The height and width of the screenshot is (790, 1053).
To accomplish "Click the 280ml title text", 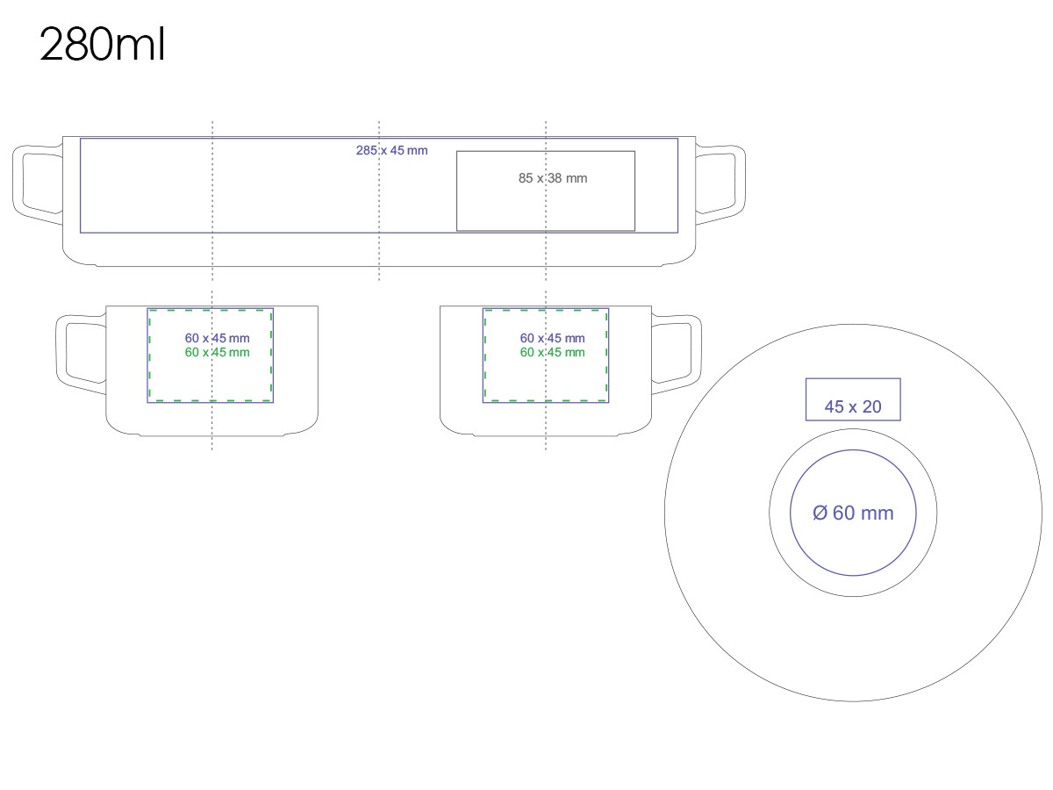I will [102, 46].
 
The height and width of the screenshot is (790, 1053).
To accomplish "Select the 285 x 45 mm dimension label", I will [391, 150].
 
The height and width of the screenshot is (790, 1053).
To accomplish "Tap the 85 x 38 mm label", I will [553, 178].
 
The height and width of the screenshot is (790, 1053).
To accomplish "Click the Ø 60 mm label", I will [853, 513].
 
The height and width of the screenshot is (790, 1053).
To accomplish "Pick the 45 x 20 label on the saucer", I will [853, 407].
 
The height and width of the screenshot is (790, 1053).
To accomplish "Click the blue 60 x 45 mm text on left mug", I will [217, 338].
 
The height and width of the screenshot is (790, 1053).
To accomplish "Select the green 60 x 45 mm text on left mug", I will [217, 353].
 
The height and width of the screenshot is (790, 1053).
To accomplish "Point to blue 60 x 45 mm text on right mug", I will [552, 338].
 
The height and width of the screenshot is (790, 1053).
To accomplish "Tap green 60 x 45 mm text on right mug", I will [552, 353].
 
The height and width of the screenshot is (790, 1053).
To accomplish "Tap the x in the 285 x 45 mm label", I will [383, 150].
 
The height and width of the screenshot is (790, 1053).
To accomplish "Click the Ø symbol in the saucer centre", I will [820, 513].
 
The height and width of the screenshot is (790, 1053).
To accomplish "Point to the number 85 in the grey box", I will [526, 178].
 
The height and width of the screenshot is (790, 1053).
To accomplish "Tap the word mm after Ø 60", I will [878, 513].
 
